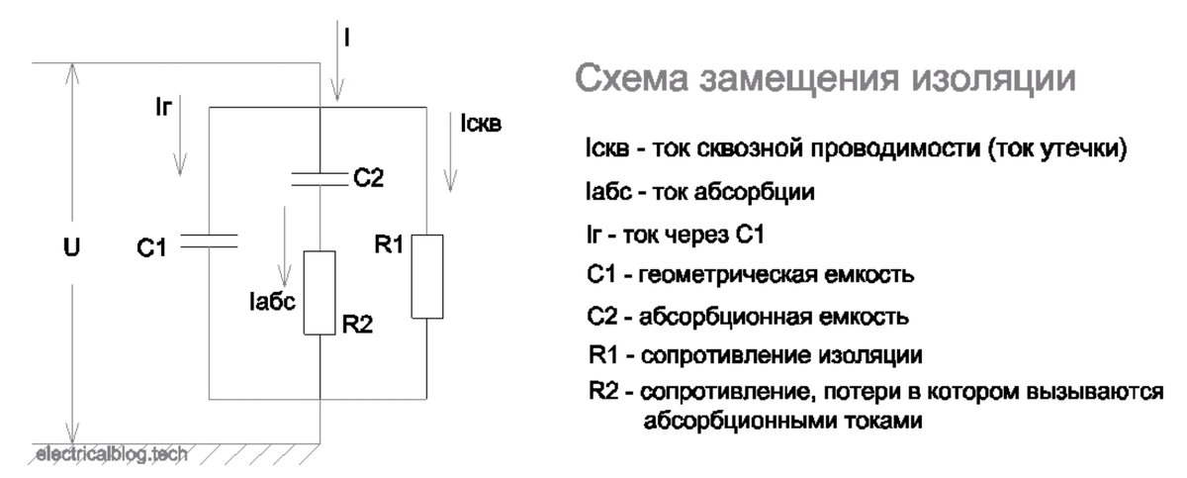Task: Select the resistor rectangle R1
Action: coord(426,275)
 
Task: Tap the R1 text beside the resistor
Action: coord(389,244)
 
